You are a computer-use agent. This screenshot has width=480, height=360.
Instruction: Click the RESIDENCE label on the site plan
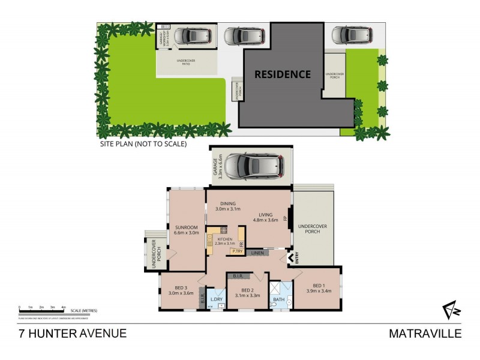tap(283, 74)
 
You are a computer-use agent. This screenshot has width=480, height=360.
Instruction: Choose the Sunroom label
tap(186, 228)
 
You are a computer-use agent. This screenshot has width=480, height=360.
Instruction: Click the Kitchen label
tap(224, 239)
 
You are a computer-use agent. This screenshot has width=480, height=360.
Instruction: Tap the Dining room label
tap(228, 203)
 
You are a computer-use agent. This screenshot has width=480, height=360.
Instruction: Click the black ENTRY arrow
tap(292, 257)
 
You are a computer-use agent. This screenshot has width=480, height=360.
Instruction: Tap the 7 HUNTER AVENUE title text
tap(71, 333)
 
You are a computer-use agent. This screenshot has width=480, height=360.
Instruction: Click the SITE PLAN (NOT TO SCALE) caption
tap(143, 144)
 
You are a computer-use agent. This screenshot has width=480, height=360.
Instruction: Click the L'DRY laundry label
tap(217, 299)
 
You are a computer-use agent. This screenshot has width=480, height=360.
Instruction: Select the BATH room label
tap(279, 298)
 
